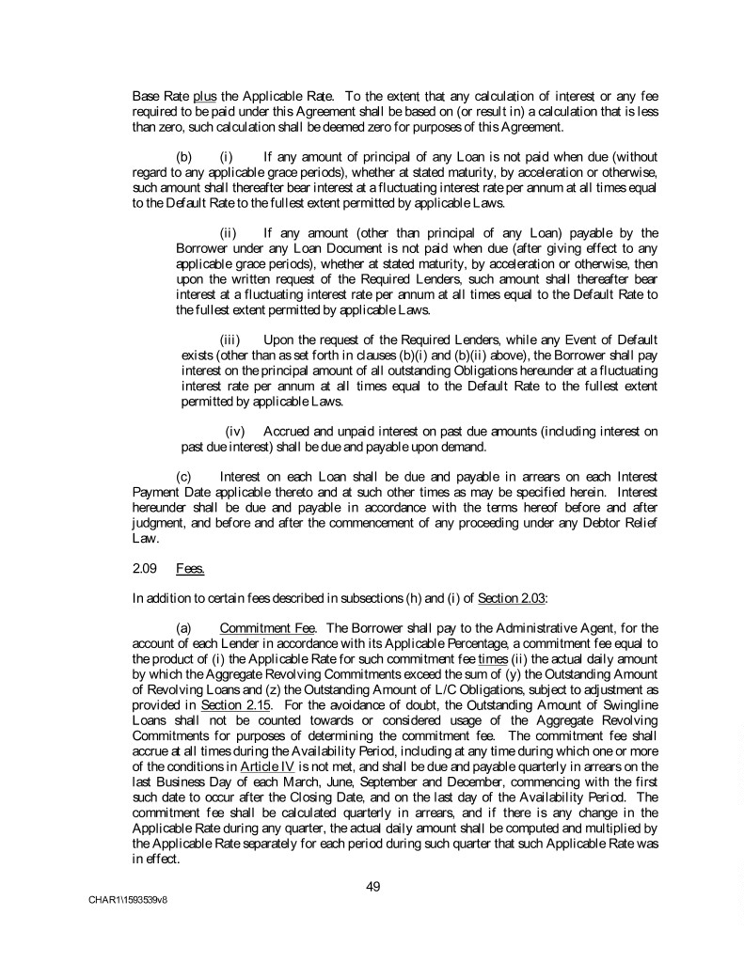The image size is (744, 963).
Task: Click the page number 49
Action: pos(372,884)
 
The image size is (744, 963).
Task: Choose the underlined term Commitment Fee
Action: pos(257,626)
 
